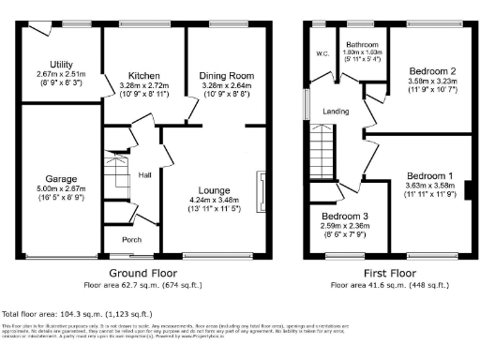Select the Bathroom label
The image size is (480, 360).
coord(362,44)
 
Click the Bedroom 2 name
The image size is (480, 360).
coord(432,71)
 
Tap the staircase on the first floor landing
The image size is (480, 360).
coord(322,150)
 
